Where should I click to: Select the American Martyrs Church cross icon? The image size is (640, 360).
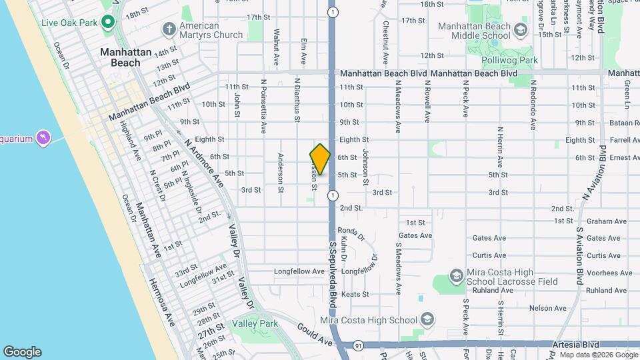(x=168, y=29)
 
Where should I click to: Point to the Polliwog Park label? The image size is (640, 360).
(x=510, y=60)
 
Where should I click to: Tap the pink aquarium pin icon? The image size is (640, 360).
(x=44, y=138)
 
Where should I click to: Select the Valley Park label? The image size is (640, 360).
(x=255, y=323)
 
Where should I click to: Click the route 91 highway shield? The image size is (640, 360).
(x=358, y=345)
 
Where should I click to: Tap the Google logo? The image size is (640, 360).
(x=22, y=352)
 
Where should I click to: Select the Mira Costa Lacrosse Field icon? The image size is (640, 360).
(x=457, y=275)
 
